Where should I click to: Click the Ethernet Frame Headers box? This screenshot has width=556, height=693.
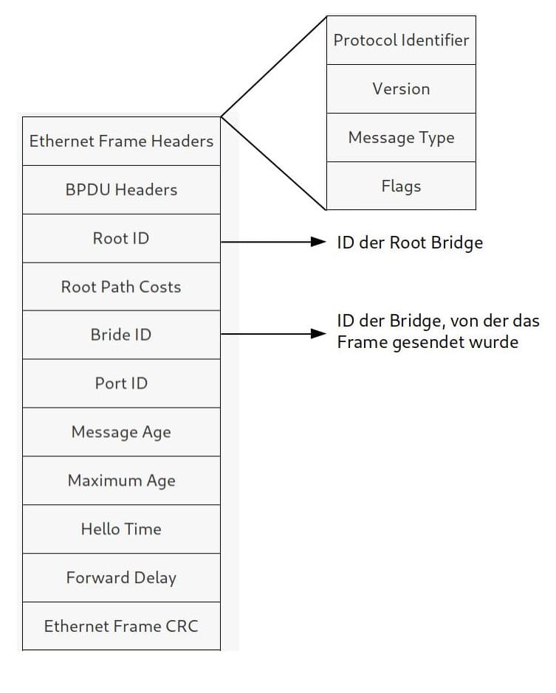(121, 141)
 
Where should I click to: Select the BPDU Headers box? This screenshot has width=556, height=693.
(121, 189)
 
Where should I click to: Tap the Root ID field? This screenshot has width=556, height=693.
(121, 238)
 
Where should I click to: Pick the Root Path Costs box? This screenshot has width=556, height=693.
(121, 287)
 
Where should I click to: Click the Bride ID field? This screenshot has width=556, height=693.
(121, 335)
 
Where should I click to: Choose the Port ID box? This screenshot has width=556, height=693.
(121, 383)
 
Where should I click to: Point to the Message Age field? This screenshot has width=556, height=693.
(121, 432)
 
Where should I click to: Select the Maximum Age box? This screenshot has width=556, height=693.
(121, 481)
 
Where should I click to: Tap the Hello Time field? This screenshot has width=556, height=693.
(121, 529)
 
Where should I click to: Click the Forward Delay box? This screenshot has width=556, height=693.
(121, 578)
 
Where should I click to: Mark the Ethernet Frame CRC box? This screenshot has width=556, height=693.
(121, 627)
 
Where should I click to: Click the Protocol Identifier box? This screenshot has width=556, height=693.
(401, 40)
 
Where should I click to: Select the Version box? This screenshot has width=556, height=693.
(401, 88)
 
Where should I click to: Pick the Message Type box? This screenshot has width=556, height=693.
(401, 138)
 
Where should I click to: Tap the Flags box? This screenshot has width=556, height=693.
(401, 187)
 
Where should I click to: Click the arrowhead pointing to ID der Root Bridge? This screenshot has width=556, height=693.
(318, 242)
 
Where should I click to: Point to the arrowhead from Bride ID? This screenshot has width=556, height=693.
(318, 335)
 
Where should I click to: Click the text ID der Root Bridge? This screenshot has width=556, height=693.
(410, 243)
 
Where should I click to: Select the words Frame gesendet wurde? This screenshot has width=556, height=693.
(428, 343)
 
